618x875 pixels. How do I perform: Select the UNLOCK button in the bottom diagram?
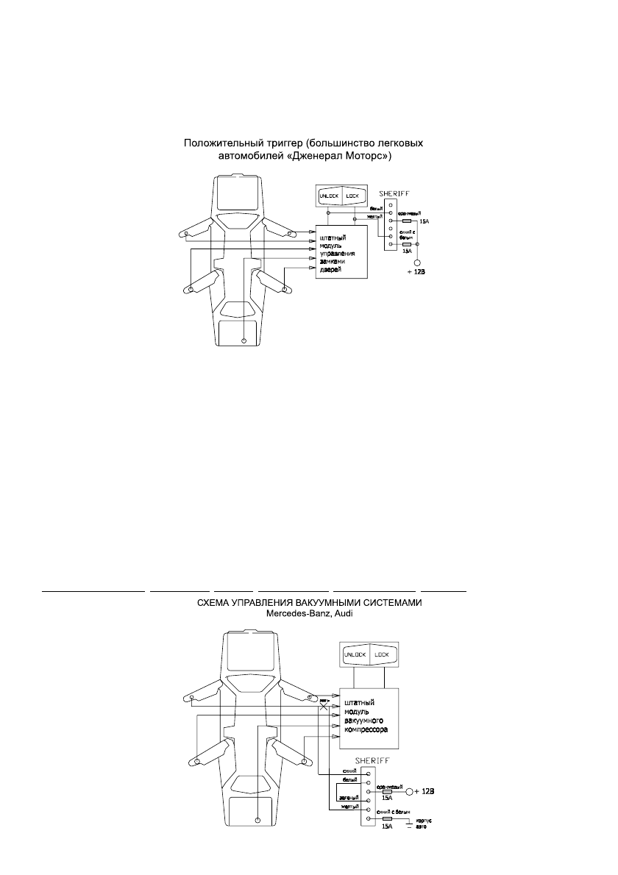point(354,654)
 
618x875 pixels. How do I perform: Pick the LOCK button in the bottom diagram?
point(381,654)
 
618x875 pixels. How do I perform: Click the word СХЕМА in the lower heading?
point(216,603)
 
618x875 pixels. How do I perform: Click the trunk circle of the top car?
point(244,340)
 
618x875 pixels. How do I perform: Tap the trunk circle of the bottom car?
point(257,820)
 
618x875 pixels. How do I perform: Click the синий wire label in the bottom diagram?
point(351,770)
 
